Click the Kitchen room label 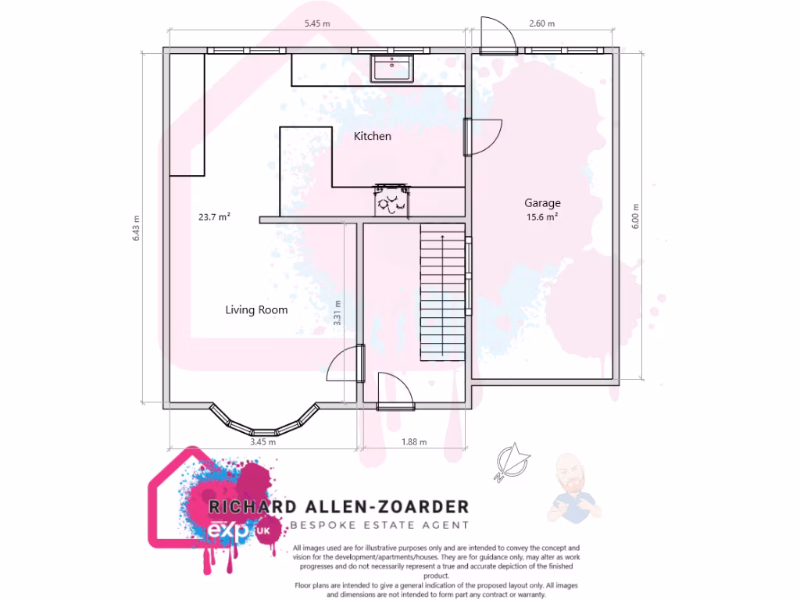(373, 136)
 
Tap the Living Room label (256, 310)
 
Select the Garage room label (542, 203)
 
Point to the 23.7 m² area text (214, 218)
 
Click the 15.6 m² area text (542, 218)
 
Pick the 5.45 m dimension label (316, 23)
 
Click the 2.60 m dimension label (541, 23)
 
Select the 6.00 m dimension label (635, 222)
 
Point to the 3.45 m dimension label (262, 442)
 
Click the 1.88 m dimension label (414, 442)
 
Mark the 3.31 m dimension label (337, 313)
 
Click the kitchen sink (391, 68)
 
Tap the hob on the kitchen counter (391, 201)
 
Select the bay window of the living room (266, 422)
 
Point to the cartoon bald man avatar (572, 486)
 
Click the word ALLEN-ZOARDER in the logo (380, 506)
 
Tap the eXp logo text (232, 530)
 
